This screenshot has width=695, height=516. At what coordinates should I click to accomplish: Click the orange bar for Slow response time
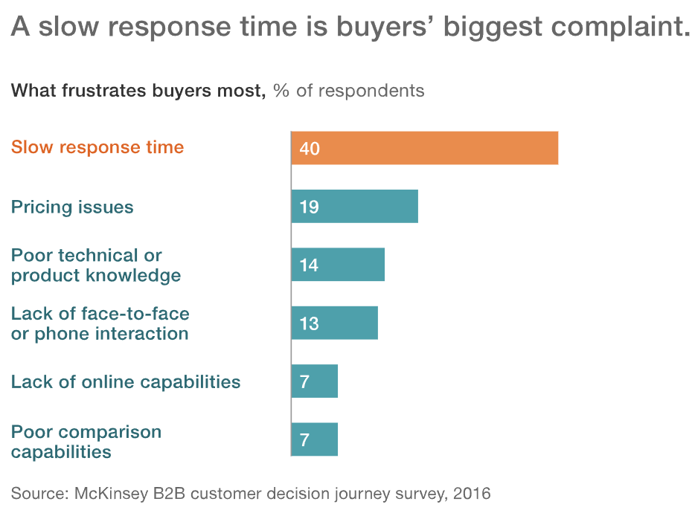coord(424,148)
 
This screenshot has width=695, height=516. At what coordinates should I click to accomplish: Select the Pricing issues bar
coord(354,206)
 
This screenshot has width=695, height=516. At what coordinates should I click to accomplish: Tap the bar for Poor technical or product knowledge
coord(338,265)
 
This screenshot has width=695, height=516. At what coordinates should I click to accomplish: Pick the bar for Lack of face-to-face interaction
coord(334,323)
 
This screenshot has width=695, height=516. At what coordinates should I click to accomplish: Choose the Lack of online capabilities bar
coord(314,381)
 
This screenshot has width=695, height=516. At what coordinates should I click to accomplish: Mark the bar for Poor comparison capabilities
coord(314,439)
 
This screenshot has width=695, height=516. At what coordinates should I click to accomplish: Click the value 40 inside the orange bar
coord(310,149)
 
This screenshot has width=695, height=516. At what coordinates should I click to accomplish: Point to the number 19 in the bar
coord(309,207)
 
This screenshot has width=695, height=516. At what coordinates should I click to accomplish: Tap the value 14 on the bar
coord(309,265)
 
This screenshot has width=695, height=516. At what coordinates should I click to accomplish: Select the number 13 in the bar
coord(309,323)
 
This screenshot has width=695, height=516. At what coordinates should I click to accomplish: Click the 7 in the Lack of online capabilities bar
coord(304,382)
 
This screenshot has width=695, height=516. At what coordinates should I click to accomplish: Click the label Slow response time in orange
coord(97,146)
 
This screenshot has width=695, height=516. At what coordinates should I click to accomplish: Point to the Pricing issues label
coord(72,206)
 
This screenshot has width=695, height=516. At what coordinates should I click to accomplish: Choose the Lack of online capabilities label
coord(126,382)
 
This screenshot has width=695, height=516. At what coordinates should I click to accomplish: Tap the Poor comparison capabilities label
coord(86,442)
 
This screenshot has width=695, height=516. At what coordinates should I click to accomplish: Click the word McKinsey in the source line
coord(109,492)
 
